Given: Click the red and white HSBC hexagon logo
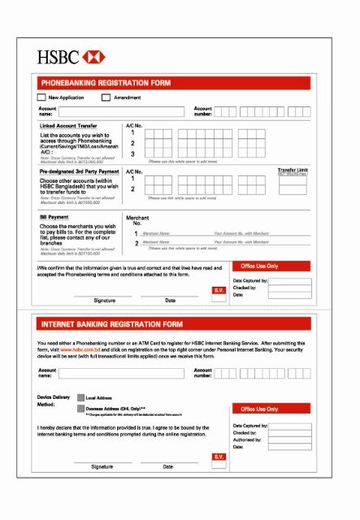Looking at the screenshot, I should point(96,58).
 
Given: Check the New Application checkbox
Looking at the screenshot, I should point(42,97).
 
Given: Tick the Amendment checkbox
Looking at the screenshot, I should point(106,97).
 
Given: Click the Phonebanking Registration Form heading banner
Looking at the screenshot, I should point(174,83).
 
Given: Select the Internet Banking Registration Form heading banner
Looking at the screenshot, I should point(174,324).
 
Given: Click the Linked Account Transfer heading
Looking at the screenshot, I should point(68,126).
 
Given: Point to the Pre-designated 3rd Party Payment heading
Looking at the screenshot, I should point(77,172).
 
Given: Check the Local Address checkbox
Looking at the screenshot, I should point(80,398).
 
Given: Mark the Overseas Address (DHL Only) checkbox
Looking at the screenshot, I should point(80,409).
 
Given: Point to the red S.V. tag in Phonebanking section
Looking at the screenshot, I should point(218,290).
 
